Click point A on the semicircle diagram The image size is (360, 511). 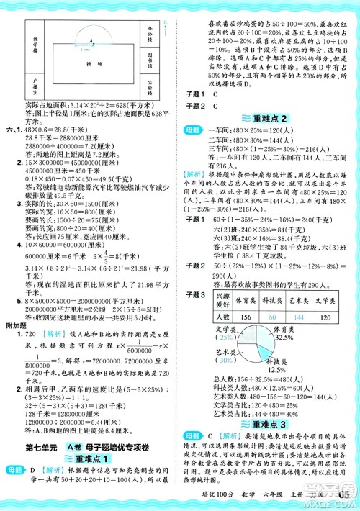91,41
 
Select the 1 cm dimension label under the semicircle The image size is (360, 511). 84,49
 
